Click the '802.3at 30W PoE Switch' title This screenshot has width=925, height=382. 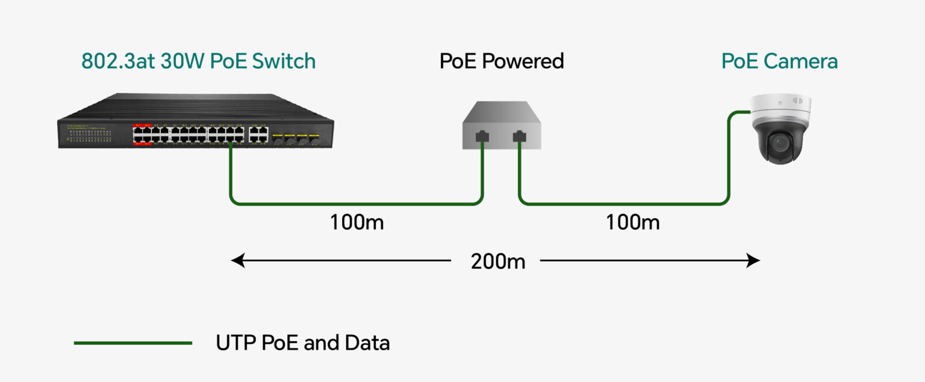[x=198, y=61]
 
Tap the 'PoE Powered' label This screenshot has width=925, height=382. [x=502, y=61]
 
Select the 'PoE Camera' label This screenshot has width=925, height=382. [x=779, y=61]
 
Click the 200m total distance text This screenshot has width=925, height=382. [x=498, y=261]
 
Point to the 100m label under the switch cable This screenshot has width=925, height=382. [x=357, y=222]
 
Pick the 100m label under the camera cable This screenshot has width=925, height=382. [x=632, y=222]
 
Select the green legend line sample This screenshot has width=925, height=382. [x=132, y=343]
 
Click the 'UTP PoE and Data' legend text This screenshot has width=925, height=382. [x=303, y=343]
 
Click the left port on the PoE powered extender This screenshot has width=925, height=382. [x=482, y=136]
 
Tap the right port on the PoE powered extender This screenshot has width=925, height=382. [x=519, y=136]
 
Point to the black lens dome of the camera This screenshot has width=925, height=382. [x=781, y=143]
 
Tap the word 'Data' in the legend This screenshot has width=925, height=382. [x=367, y=343]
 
